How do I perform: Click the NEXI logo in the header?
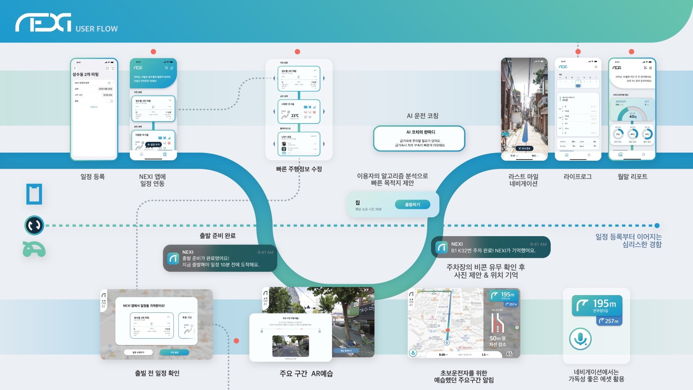point(43,23)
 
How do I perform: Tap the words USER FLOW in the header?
point(96,29)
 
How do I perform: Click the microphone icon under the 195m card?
point(580,339)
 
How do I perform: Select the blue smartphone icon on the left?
point(34,194)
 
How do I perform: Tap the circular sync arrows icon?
point(34,225)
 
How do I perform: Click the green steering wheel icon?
point(34,250)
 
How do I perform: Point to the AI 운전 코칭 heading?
point(422,116)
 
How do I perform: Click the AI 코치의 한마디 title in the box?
point(420,132)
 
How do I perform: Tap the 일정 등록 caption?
point(92,177)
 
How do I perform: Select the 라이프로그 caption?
point(577,177)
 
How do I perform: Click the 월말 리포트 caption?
point(632,177)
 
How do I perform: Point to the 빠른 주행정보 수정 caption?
point(299,169)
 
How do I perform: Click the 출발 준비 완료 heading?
point(217,236)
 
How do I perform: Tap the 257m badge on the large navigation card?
point(609,321)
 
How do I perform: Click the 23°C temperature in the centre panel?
point(295,116)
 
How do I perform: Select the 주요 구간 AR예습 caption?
point(306,374)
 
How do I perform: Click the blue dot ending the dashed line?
point(657,226)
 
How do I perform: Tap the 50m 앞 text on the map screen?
point(497,338)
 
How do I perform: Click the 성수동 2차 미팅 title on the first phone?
point(86,74)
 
